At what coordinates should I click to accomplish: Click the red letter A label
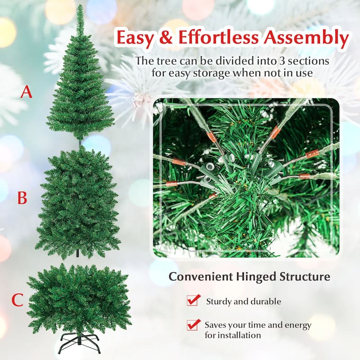pyautogui.click(x=27, y=92)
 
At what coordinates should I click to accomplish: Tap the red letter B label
pyautogui.click(x=22, y=198)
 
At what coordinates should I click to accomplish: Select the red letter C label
pyautogui.click(x=18, y=300)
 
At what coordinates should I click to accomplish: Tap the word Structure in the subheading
pyautogui.click(x=306, y=276)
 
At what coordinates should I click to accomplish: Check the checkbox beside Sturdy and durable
pyautogui.click(x=193, y=300)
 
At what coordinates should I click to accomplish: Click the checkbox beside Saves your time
pyautogui.click(x=193, y=324)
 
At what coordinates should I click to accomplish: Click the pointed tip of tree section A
pyautogui.click(x=80, y=8)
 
